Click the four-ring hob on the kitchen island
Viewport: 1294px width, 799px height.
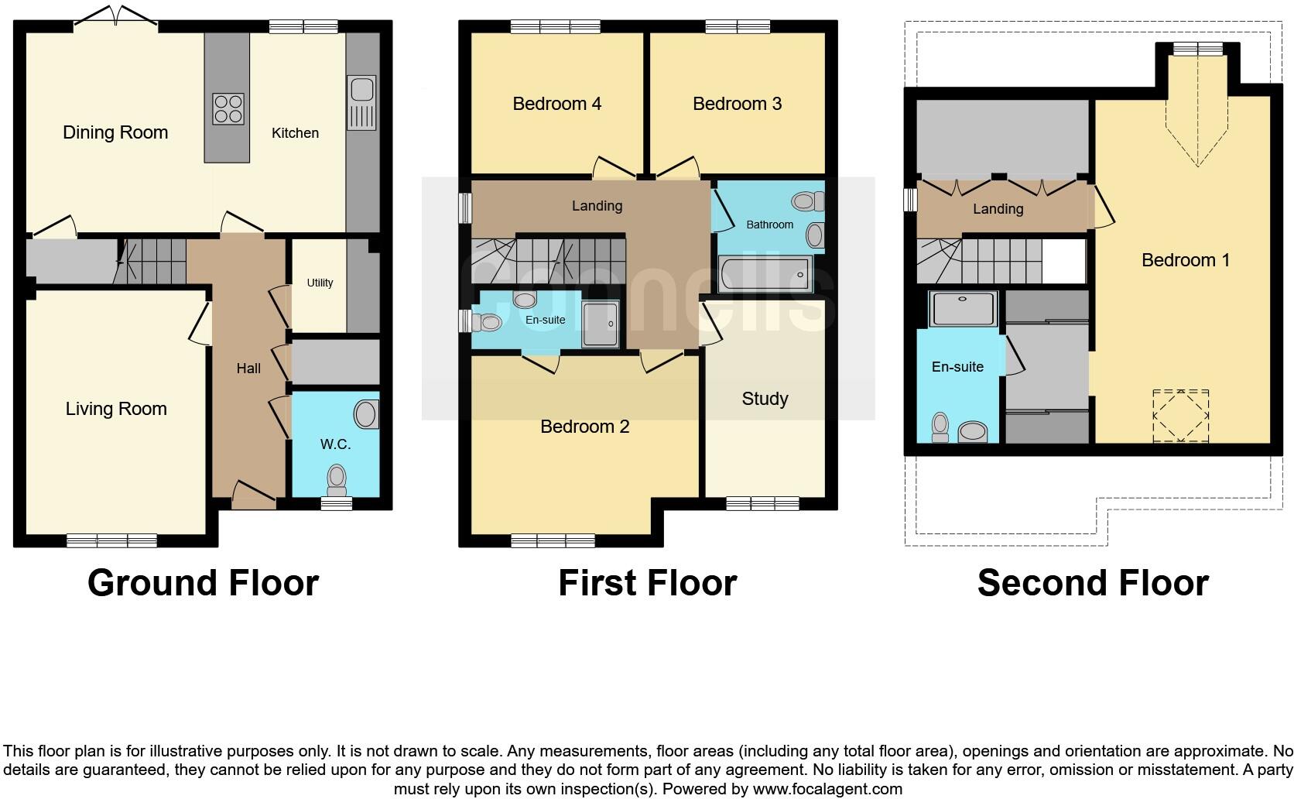(228, 108)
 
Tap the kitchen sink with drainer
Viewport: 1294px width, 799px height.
(361, 102)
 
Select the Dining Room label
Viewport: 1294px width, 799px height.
(115, 132)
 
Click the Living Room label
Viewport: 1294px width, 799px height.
(116, 409)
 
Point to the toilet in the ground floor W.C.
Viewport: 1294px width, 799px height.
(337, 479)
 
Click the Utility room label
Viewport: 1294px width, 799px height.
(320, 283)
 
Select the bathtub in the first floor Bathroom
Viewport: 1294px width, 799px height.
(765, 274)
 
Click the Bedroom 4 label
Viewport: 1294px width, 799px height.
(556, 104)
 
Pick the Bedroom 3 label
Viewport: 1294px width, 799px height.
(737, 104)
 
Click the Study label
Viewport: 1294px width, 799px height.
(765, 399)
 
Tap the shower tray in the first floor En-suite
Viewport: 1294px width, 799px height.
(601, 323)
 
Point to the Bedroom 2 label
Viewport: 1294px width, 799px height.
(584, 427)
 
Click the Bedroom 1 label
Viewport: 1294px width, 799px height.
(1185, 260)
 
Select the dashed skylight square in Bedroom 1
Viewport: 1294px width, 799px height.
(1180, 416)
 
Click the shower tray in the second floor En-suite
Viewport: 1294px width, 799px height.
(963, 308)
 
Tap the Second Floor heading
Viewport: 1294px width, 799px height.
(1092, 583)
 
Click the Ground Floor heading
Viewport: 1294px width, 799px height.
(203, 583)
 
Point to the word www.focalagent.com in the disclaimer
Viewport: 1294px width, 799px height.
(827, 790)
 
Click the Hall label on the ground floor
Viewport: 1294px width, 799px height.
(248, 369)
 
